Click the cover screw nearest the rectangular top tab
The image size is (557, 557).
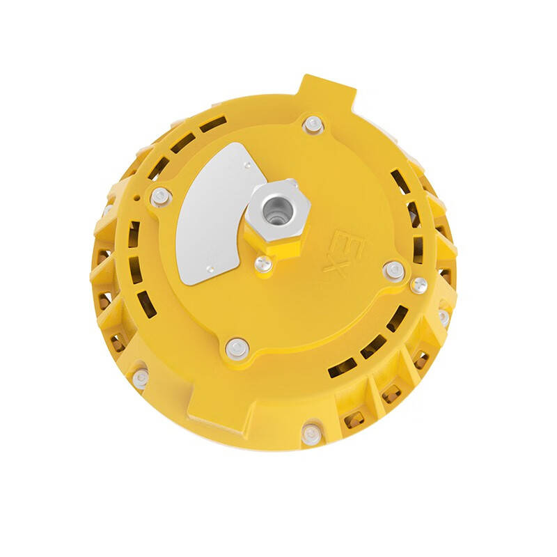coord(313,124)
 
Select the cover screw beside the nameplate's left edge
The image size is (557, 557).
coord(162,196)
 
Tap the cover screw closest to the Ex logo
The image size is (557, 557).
coord(393,270)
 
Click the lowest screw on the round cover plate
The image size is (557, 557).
coord(237,346)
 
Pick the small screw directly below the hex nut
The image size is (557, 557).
coord(262,263)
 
